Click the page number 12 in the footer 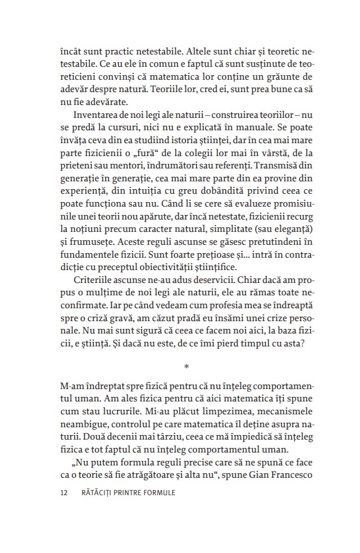(x=62, y=493)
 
